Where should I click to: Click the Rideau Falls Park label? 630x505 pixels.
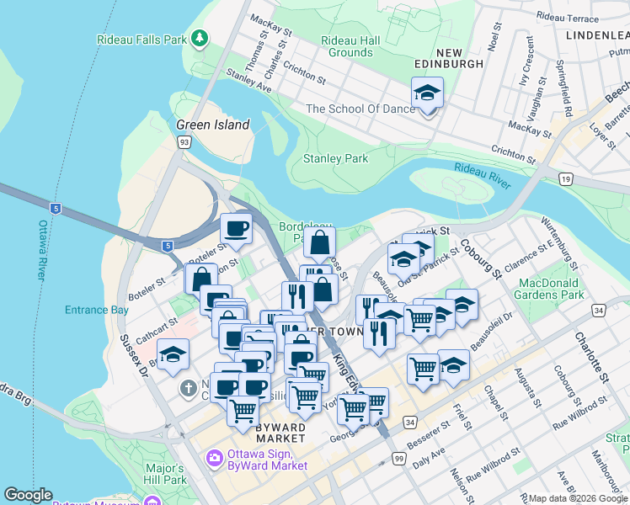click(x=141, y=38)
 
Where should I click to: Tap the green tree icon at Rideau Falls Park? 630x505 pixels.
click(x=200, y=38)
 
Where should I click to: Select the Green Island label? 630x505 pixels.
click(x=212, y=125)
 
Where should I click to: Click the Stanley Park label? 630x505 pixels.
click(x=335, y=158)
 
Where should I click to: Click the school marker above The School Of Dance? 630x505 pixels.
click(x=427, y=94)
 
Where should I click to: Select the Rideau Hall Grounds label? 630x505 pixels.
click(x=350, y=46)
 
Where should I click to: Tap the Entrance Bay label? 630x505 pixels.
click(x=98, y=311)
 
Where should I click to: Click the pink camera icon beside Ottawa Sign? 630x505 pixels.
click(x=214, y=459)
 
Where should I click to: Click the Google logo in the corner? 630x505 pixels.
click(x=28, y=495)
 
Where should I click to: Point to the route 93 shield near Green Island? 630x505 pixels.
click(x=184, y=142)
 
